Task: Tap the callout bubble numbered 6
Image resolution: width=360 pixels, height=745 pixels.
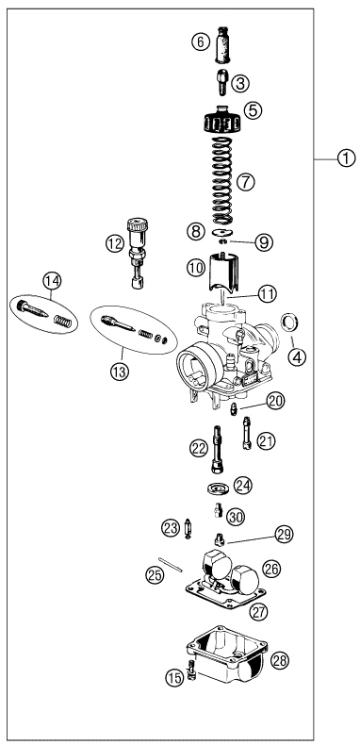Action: point(198,41)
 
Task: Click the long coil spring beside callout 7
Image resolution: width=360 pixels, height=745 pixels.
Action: point(220,178)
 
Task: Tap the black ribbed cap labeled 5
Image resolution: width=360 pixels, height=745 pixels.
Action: point(221,123)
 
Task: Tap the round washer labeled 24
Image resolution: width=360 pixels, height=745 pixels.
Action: point(219,488)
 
